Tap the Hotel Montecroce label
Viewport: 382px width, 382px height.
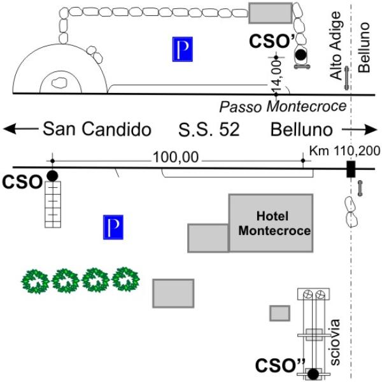coord(274,223)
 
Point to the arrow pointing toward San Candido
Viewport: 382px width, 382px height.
coord(19,129)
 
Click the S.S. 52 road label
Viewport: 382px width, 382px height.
coord(209,130)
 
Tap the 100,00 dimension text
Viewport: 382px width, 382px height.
coord(176,157)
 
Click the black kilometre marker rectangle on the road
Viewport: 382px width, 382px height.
coord(350,169)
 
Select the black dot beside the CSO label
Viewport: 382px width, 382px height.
coord(52,175)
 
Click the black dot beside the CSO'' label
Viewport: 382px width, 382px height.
coord(313,374)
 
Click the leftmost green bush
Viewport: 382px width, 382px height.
coord(36,280)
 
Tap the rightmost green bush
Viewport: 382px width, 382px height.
coord(125,279)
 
